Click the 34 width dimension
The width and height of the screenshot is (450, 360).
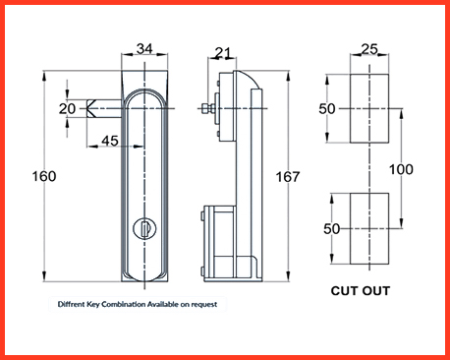(x=144, y=48)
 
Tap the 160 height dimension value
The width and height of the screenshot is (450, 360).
(x=44, y=176)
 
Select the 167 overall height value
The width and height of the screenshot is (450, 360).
(x=288, y=177)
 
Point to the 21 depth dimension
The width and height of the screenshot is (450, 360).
(x=223, y=53)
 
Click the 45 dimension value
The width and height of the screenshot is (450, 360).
(x=110, y=141)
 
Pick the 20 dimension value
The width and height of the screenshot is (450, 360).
(x=67, y=108)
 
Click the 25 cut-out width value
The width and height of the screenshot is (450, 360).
(x=369, y=49)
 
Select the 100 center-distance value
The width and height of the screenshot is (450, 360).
(x=401, y=169)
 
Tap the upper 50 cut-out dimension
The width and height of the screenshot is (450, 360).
(x=327, y=108)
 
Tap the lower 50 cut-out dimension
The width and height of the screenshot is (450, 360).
(x=332, y=229)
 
